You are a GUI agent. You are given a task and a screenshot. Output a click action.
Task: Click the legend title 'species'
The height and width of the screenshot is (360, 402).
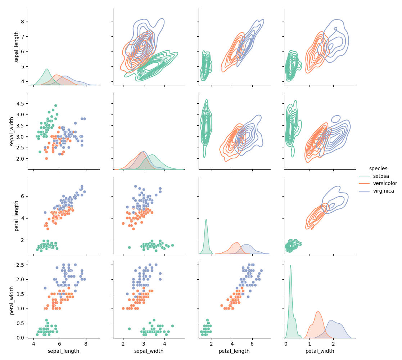pos(378,168)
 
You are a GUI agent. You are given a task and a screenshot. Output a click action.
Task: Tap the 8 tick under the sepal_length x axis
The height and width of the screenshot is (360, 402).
pos(86,343)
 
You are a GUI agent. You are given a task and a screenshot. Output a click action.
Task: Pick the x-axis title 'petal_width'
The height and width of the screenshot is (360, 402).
pos(320,351)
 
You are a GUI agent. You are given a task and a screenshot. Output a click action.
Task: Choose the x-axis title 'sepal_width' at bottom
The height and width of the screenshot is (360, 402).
pos(149,351)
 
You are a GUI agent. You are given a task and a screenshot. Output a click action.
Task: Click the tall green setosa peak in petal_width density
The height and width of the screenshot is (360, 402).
pos(290,266)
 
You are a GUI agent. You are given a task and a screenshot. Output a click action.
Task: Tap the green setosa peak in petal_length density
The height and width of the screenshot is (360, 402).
pos(206,220)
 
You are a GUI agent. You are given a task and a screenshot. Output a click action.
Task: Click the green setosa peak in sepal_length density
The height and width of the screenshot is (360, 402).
pos(47,69)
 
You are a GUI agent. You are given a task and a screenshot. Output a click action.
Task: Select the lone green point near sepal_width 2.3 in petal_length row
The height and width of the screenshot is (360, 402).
pos(129,247)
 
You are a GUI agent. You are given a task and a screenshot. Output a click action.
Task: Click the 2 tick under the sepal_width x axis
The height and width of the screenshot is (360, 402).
pos(123,343)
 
